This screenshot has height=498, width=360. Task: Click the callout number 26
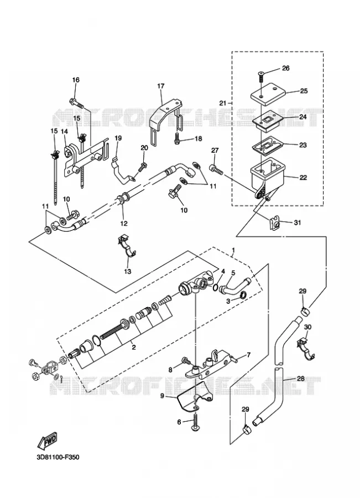[x=285, y=68]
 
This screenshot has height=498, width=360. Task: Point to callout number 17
[x=160, y=86]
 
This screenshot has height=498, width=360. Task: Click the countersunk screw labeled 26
[x=260, y=77]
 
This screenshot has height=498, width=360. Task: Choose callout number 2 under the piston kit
[x=134, y=347]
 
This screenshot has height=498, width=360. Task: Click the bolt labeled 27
[x=217, y=169]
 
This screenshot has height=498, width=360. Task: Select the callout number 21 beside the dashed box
[x=223, y=102]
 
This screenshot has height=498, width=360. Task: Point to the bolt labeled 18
[x=177, y=139]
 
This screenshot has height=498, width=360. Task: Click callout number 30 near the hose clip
[x=307, y=327]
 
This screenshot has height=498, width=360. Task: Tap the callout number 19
[x=118, y=138]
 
